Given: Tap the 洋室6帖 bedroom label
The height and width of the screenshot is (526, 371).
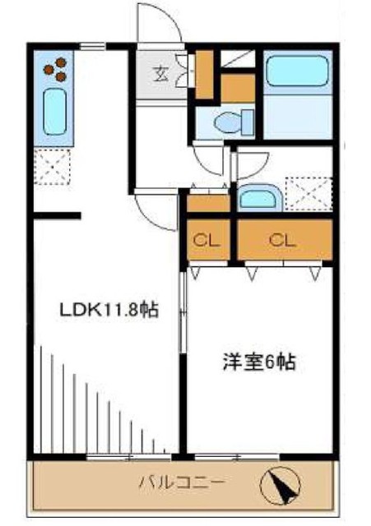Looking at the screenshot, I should pyautogui.click(x=257, y=361).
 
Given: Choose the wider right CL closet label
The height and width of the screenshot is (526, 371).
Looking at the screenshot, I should pyautogui.click(x=283, y=241).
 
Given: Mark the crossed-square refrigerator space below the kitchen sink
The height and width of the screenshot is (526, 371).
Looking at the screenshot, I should pyautogui.click(x=54, y=169).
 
